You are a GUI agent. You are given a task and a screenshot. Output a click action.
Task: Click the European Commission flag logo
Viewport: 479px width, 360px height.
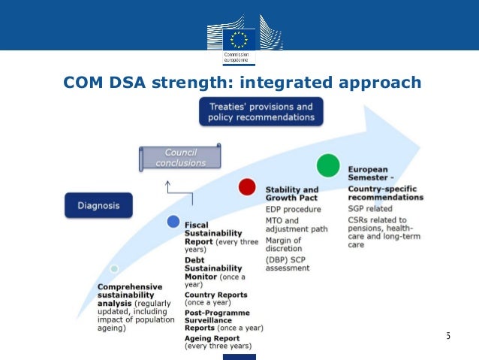tap(239, 40)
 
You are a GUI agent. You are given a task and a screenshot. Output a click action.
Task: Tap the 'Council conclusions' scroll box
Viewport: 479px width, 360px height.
tap(180, 158)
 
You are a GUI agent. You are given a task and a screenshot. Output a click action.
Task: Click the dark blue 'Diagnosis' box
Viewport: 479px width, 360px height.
tap(98, 204)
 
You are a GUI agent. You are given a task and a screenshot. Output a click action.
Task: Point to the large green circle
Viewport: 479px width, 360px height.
tap(328, 164)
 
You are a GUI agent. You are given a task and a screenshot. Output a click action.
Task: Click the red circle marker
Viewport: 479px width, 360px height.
tap(247, 187)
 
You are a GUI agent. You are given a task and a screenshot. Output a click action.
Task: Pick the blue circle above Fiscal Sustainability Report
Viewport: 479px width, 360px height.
tap(173, 222)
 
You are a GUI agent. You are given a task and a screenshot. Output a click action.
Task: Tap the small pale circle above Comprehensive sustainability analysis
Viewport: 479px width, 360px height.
tap(113, 268)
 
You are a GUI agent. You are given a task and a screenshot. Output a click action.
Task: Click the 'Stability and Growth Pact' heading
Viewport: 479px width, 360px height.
tap(292, 194)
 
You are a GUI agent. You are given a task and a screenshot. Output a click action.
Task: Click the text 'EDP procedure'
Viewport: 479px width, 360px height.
tap(294, 209)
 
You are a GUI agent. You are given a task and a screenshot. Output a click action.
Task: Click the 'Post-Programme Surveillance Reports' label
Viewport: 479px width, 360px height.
tap(218, 316)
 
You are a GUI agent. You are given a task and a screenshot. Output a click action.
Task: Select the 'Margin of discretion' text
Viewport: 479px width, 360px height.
tap(284, 244)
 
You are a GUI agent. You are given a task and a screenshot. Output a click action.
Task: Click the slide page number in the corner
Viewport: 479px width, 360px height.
tap(448, 334)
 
